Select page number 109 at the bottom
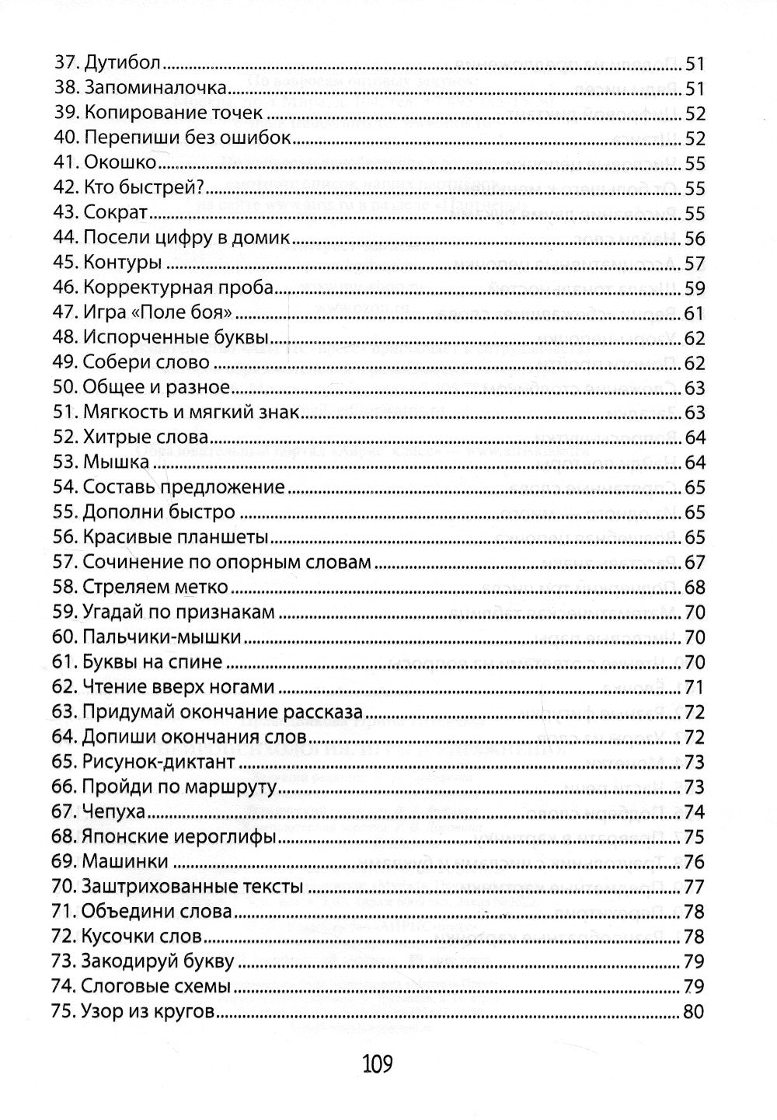tap(377, 1062)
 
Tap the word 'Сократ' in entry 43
tap(115, 213)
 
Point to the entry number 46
tap(64, 288)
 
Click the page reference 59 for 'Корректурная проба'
tap(694, 288)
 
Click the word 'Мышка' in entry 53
tap(116, 462)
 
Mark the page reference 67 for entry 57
tap(694, 562)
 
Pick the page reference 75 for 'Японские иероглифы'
tap(694, 836)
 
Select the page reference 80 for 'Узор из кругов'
tap(694, 1011)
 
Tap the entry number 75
tap(64, 1011)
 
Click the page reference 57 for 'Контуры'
tap(694, 263)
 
